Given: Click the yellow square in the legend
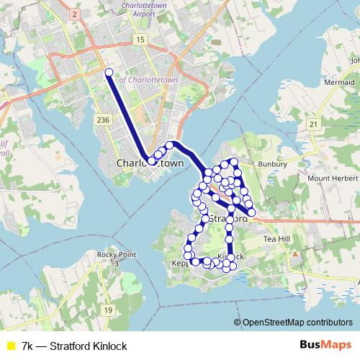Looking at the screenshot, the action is (11, 346).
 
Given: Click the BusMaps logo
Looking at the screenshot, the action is (331, 346).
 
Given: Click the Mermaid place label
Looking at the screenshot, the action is (338, 83).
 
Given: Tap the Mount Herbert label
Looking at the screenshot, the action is (328, 178).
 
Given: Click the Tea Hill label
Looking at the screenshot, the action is (277, 238).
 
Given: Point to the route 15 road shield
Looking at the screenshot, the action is (139, 39).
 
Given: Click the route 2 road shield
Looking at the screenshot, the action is (73, 14).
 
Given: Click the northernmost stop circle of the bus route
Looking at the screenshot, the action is (109, 72).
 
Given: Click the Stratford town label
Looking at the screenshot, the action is (228, 217).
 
